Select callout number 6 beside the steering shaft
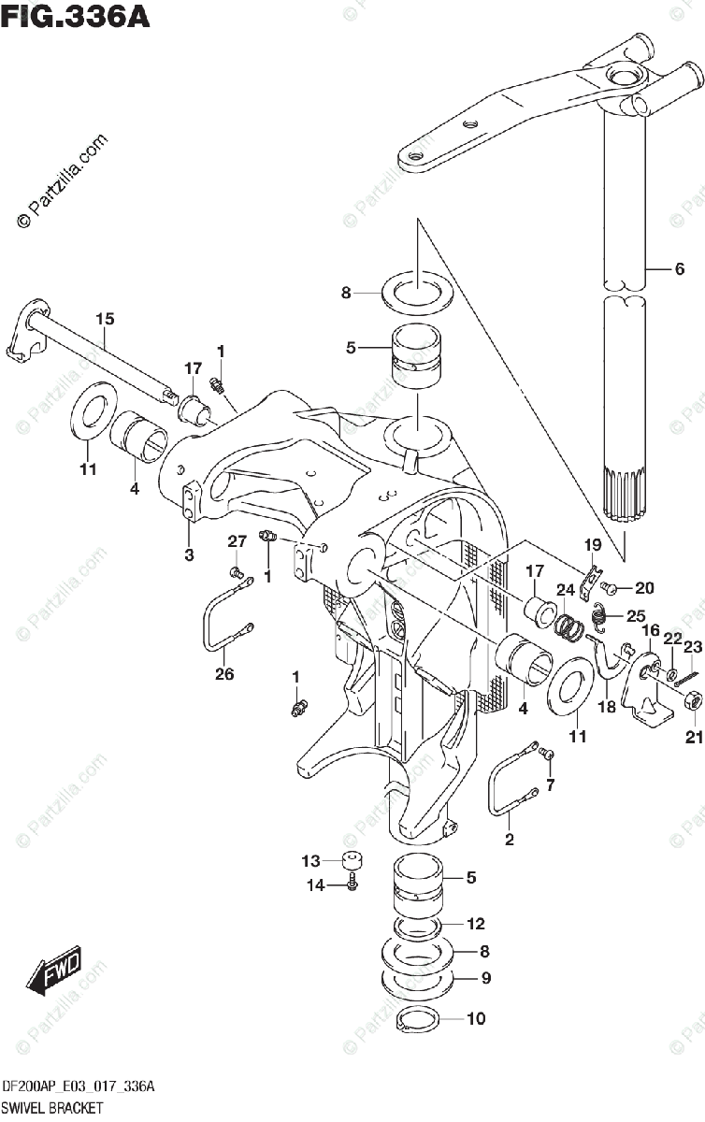tap(679, 269)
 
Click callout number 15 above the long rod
tap(104, 320)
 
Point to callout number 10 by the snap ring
tap(476, 1019)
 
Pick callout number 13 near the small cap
tap(309, 861)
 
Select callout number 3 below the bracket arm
tap(189, 555)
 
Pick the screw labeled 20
tap(610, 588)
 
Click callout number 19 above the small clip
tap(591, 545)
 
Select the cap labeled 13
tap(351, 861)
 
